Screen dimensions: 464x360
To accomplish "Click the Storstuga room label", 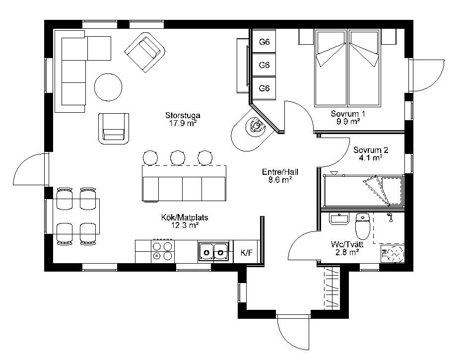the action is click(183, 115).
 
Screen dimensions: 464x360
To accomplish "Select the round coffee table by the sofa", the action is click(108, 87).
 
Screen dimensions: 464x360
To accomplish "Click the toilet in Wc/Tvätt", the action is click(362, 226).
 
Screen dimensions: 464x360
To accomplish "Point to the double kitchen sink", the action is click(214, 252).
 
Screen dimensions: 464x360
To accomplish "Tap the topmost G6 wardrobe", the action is click(264, 42).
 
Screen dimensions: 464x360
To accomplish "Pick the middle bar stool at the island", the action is click(178, 158).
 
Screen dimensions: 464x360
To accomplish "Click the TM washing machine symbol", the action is click(393, 253).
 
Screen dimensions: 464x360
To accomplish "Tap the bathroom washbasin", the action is click(339, 219).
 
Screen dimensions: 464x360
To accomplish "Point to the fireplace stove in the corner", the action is click(256, 127).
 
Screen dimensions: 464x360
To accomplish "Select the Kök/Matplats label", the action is click(185, 217).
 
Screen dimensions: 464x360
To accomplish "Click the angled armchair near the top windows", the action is click(145, 52).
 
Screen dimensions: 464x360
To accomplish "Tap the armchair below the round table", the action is click(114, 129).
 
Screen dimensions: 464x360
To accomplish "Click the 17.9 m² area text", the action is click(183, 123).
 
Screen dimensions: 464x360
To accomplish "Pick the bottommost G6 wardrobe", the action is click(264, 88).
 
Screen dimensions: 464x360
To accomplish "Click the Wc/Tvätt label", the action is click(347, 244).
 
